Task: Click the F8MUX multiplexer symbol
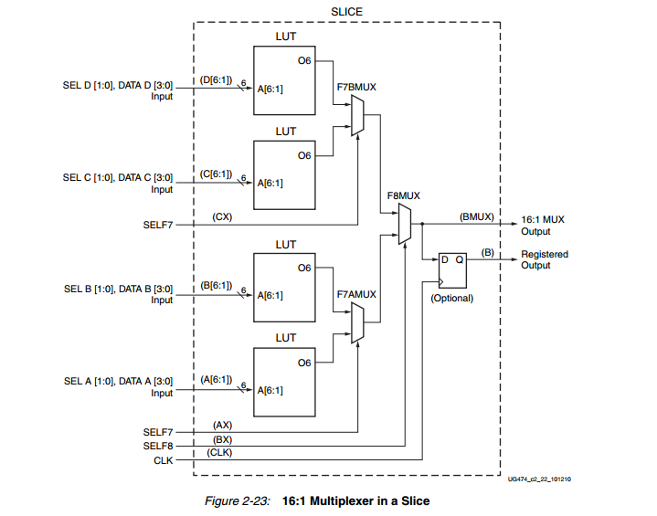[405, 225]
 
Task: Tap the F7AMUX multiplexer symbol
[357, 322]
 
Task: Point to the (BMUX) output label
[477, 217]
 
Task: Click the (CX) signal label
[221, 216]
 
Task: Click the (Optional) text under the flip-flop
[452, 298]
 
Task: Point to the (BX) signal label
[221, 440]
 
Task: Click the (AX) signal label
[221, 425]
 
